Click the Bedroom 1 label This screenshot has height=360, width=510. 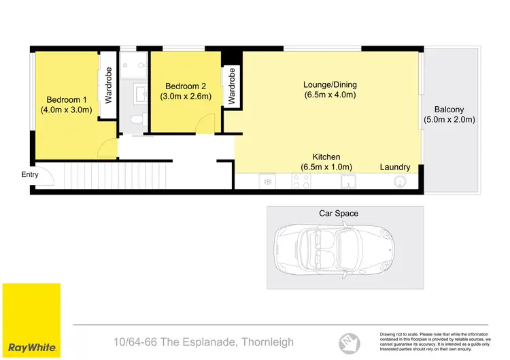(x=66, y=98)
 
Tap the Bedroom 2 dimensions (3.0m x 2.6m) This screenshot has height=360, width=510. (x=186, y=97)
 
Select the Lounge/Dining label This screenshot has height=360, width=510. (x=330, y=85)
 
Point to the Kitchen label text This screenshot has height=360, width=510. (x=326, y=157)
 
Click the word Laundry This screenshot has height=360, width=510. (x=395, y=167)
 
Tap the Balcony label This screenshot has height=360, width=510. (x=449, y=110)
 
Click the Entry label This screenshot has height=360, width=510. (x=30, y=175)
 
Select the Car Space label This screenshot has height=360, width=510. (x=339, y=213)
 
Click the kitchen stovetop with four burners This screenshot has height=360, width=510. (x=301, y=182)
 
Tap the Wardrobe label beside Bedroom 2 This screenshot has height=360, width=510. (x=231, y=86)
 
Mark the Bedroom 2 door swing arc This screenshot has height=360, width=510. (x=203, y=124)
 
